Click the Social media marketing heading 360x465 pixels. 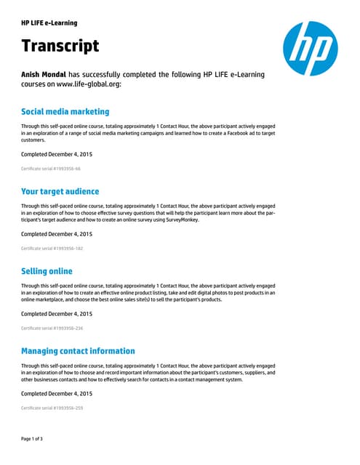65,112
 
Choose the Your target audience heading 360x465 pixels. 60,191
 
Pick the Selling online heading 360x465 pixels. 47,271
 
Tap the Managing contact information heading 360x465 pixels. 78,351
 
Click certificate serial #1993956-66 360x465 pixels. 51,169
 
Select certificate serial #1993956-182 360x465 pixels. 52,248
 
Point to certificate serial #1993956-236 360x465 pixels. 52,328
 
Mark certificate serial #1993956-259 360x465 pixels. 52,408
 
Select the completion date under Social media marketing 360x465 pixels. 57,154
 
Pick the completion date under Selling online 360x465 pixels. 57,314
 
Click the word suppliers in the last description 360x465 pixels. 254,372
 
